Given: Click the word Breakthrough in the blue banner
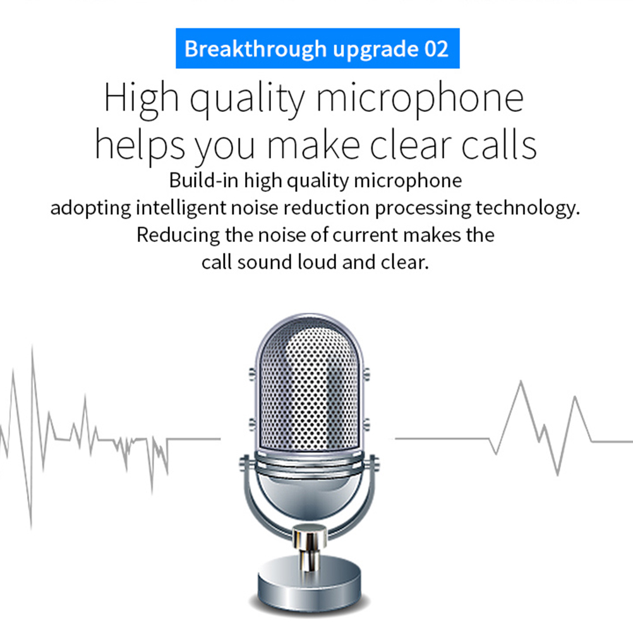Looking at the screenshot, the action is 255,49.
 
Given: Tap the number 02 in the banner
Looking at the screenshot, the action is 437,49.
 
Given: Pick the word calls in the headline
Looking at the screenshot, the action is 498,145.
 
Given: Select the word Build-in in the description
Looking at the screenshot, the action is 203,180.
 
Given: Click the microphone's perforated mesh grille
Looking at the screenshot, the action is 309,387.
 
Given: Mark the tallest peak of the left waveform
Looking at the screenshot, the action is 32,347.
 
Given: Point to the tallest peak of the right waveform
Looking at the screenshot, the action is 521,381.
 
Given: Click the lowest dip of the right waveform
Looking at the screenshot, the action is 558,475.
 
